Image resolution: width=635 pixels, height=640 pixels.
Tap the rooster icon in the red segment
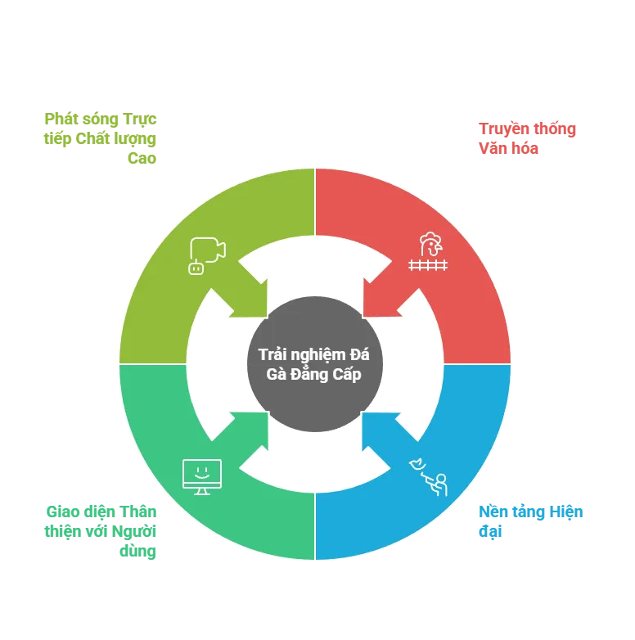(x=429, y=252)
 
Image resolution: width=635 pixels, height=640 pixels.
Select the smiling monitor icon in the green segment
(x=201, y=475)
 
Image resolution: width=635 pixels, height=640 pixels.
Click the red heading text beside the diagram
(x=526, y=139)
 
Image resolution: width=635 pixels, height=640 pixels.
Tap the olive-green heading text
(x=98, y=137)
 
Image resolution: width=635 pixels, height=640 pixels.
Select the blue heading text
(x=529, y=521)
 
